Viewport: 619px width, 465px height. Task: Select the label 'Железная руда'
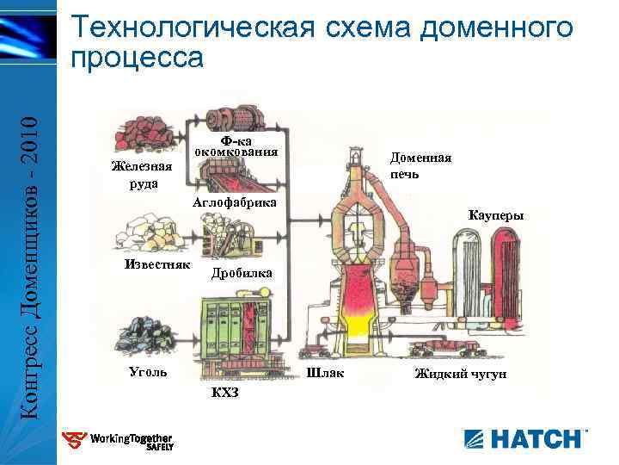pos(143,175)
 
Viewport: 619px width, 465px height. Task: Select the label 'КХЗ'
pos(224,394)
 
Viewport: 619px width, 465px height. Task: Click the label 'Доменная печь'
pos(420,165)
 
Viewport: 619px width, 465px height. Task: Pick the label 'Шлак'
pos(325,373)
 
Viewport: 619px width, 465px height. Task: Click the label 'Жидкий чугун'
pos(461,374)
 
